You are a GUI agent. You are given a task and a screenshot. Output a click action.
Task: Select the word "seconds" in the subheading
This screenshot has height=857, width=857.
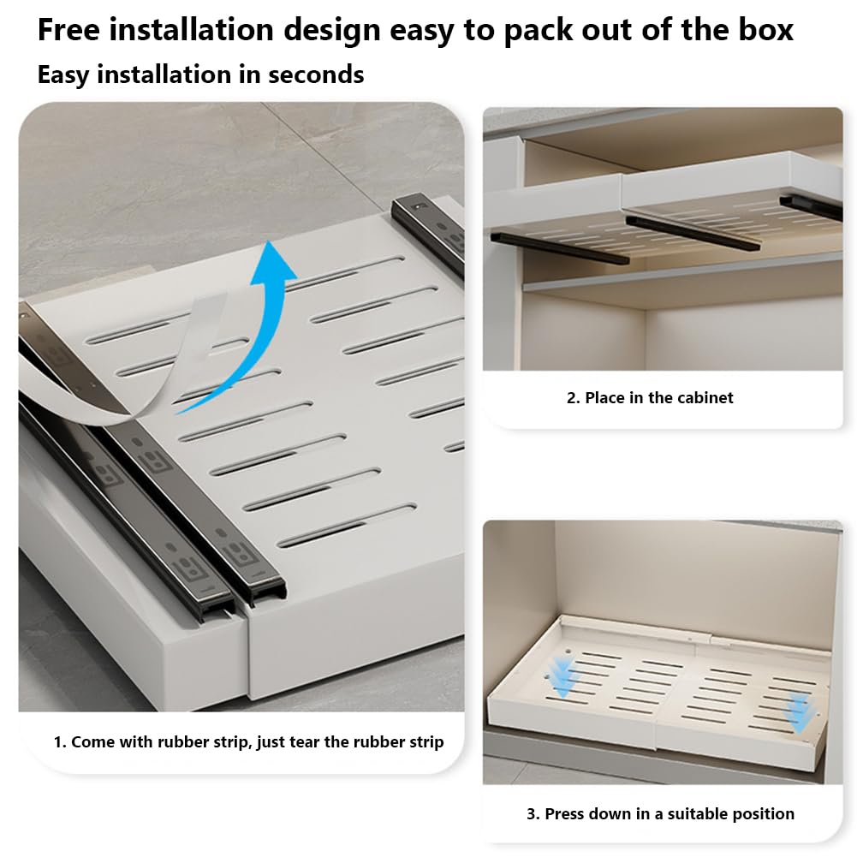pyautogui.click(x=316, y=74)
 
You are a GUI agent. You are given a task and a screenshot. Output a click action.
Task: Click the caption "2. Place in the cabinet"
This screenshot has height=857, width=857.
pyautogui.click(x=650, y=397)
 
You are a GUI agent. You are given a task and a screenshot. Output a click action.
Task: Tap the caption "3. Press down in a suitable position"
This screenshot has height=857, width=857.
pyautogui.click(x=660, y=813)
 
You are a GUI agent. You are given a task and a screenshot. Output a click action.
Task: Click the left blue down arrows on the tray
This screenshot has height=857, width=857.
pyautogui.click(x=564, y=676)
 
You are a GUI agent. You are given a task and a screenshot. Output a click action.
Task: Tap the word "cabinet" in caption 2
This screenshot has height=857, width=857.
pyautogui.click(x=705, y=397)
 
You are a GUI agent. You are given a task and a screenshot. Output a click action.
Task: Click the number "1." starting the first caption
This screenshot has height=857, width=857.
pyautogui.click(x=60, y=741)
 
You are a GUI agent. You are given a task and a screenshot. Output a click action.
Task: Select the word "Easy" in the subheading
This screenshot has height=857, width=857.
pyautogui.click(x=63, y=74)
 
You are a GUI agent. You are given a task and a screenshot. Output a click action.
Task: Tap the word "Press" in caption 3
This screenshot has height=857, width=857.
pyautogui.click(x=565, y=813)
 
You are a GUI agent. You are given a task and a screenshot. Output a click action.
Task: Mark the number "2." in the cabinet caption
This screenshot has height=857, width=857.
pyautogui.click(x=574, y=397)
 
